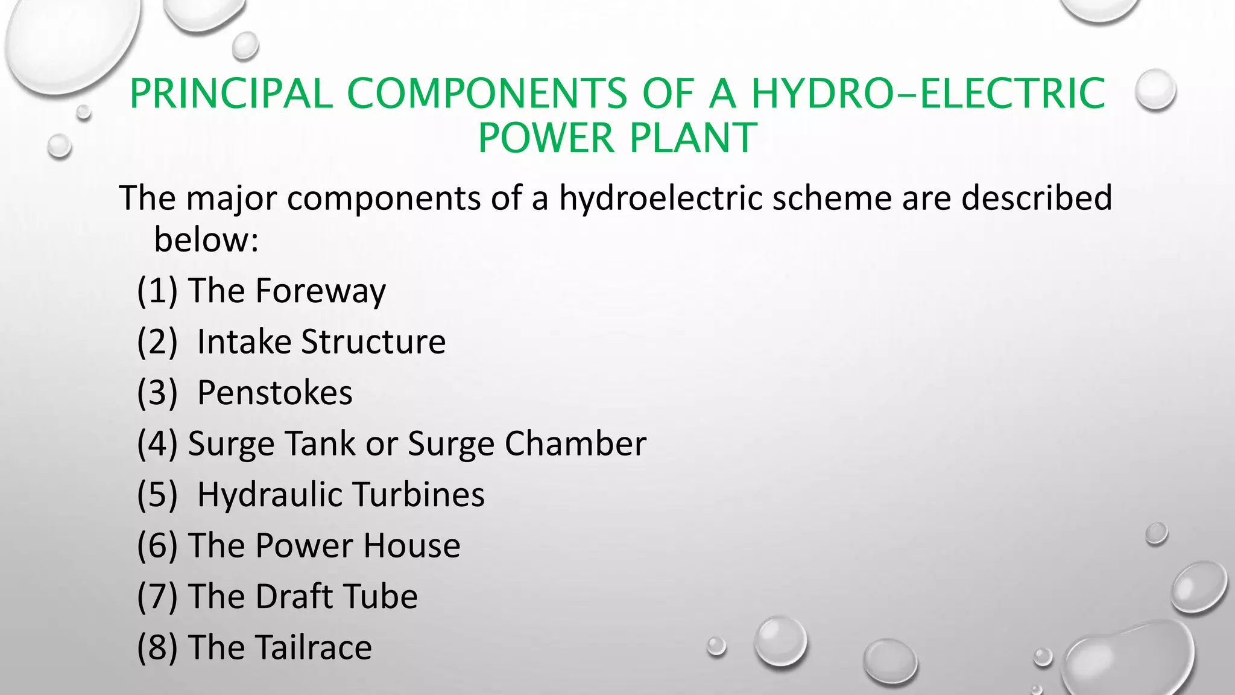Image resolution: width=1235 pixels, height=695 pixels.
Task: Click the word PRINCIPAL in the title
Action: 231,94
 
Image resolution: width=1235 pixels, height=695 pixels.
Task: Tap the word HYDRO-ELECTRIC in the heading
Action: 928,94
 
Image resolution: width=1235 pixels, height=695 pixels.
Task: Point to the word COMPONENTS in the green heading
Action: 487,94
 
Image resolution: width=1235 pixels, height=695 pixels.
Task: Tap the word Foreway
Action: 320,292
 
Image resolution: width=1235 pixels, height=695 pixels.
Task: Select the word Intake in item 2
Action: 244,341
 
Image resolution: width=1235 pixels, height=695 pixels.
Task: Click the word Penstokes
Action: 275,393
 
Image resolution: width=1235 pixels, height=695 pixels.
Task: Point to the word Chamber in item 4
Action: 575,443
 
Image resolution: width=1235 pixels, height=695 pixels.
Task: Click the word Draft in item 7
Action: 294,596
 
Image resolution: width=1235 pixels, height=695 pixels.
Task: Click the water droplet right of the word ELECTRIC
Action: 1155,90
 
